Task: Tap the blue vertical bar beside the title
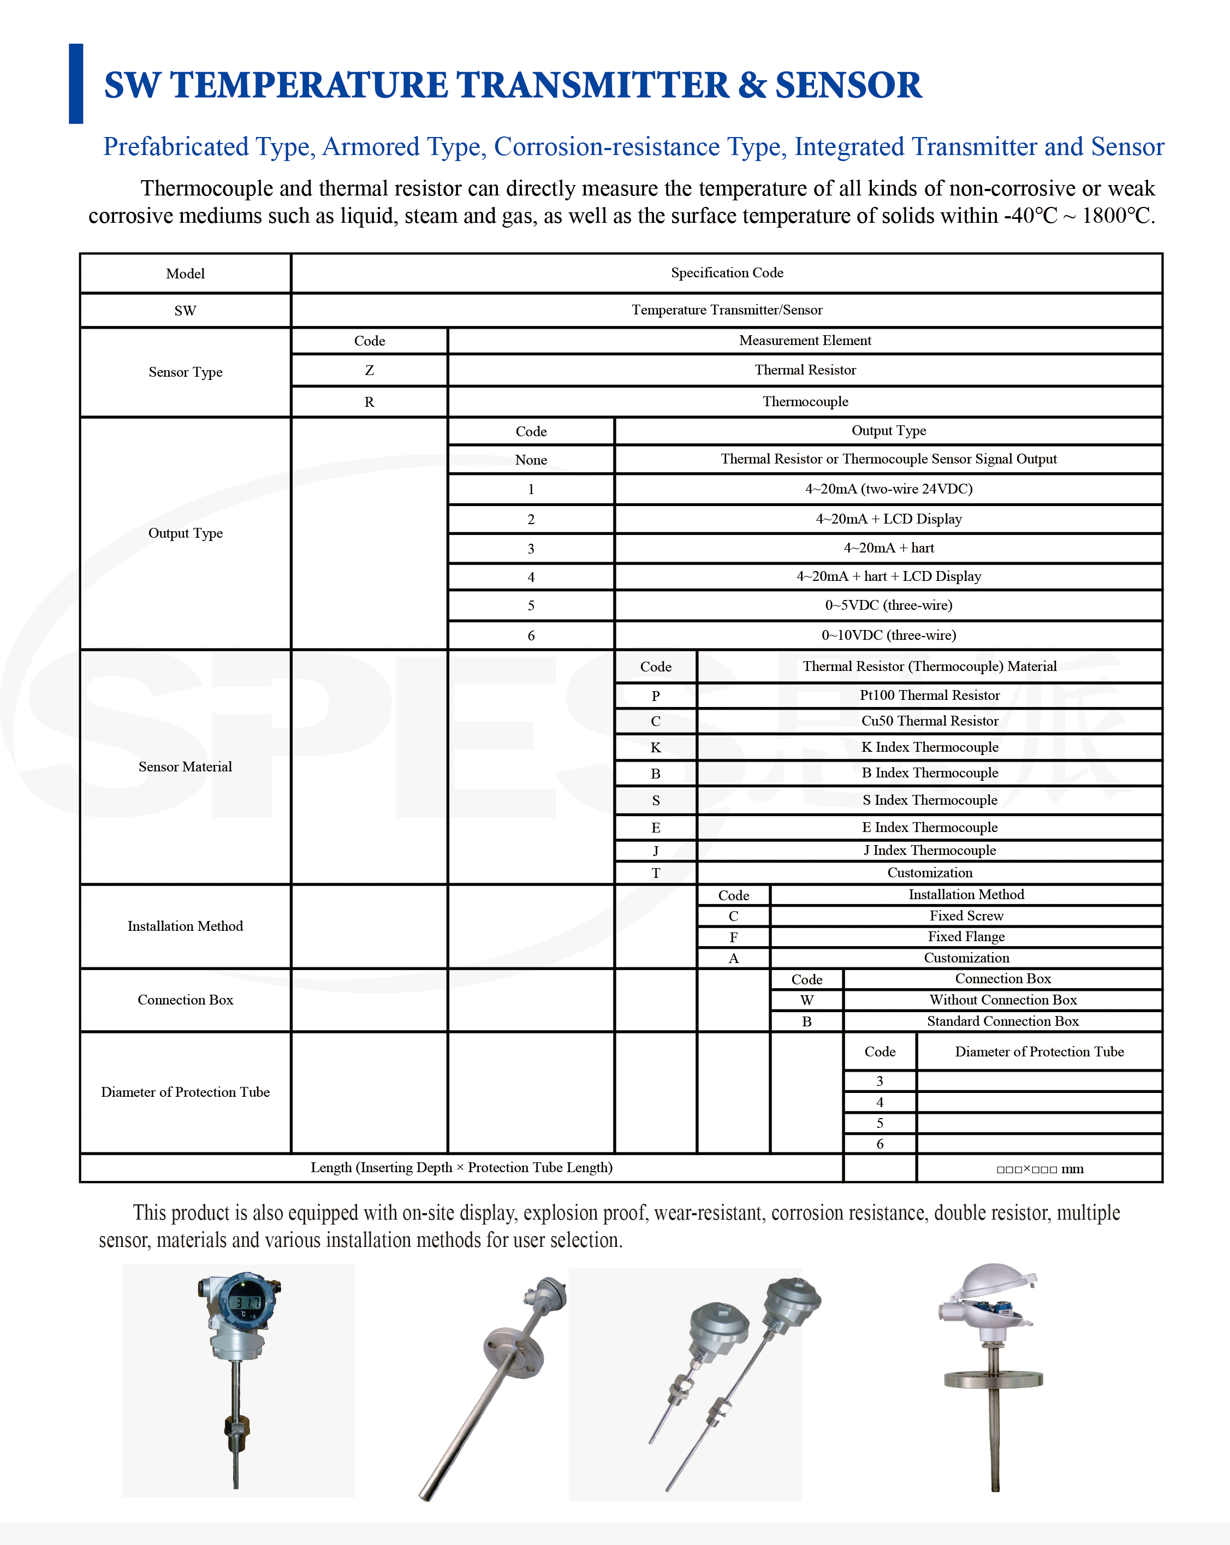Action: pyautogui.click(x=76, y=84)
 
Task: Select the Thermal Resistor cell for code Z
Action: pyautogui.click(x=805, y=370)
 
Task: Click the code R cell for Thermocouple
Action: pyautogui.click(x=369, y=402)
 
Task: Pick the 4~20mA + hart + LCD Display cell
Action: pyautogui.click(x=888, y=576)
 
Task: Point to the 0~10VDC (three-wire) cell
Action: pyautogui.click(x=888, y=635)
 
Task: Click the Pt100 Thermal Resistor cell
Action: pyautogui.click(x=929, y=695)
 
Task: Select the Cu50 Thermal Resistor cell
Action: pyautogui.click(x=929, y=721)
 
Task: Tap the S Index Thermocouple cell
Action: pyautogui.click(x=929, y=800)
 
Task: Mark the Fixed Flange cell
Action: pyautogui.click(x=966, y=937)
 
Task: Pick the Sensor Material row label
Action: pyautogui.click(x=185, y=766)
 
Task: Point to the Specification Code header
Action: pyautogui.click(x=726, y=273)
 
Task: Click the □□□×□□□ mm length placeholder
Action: pyautogui.click(x=1039, y=1169)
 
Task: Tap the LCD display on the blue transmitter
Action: pyautogui.click(x=246, y=1302)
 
